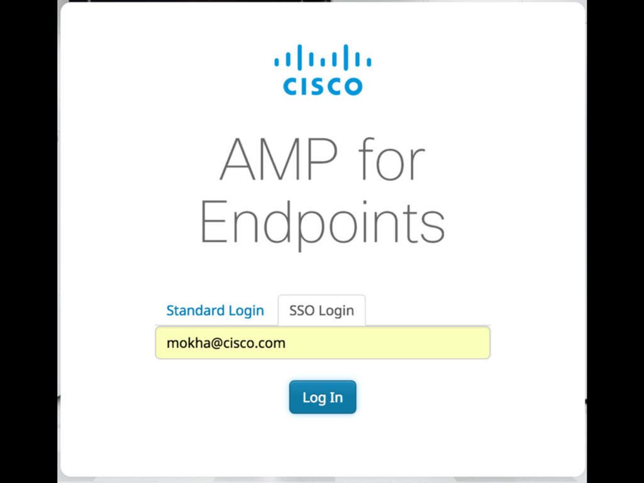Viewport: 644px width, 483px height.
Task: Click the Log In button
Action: pos(323,397)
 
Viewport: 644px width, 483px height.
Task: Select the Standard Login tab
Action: pos(215,311)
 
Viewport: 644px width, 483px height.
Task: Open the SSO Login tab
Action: pos(321,311)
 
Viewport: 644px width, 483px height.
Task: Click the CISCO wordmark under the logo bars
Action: pos(323,86)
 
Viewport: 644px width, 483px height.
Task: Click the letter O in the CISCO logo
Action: pos(352,86)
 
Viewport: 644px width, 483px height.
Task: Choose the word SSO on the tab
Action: pos(302,311)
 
